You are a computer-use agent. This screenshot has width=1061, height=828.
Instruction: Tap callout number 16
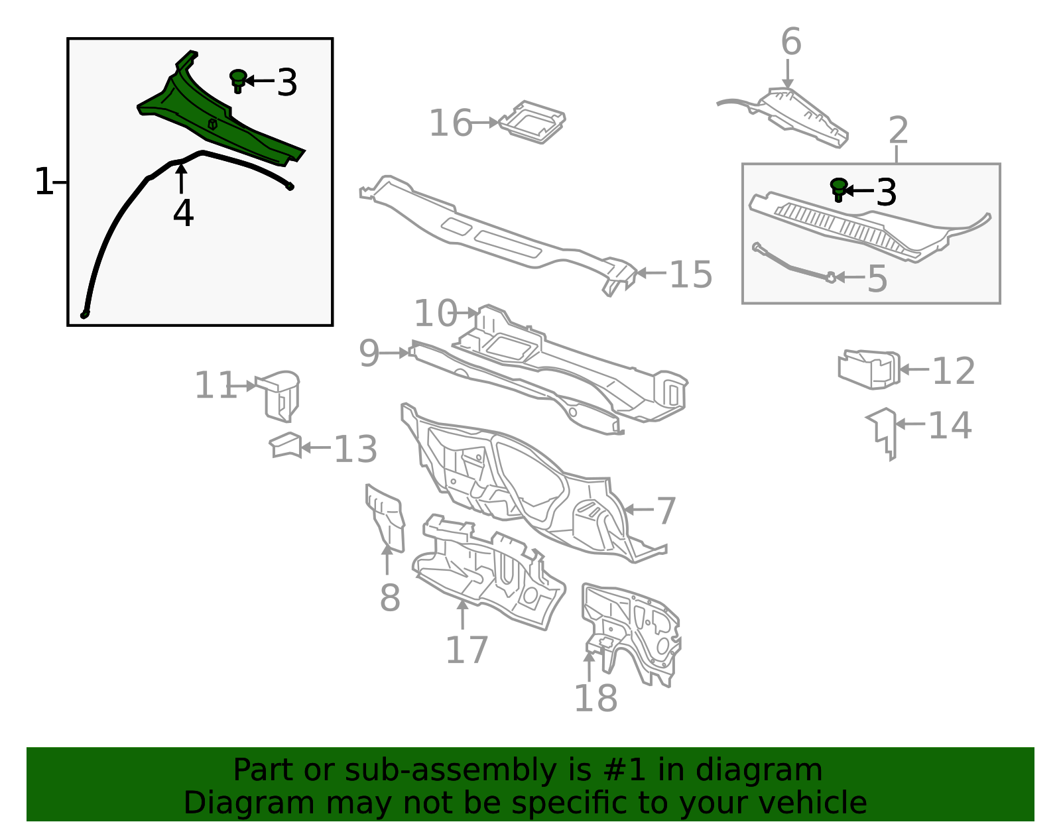tap(451, 123)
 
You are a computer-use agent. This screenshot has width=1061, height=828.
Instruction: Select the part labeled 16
tap(532, 122)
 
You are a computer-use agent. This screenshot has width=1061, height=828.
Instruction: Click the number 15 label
tap(691, 274)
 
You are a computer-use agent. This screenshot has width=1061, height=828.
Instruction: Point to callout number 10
tap(435, 314)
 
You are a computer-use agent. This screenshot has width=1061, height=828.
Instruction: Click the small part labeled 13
tap(286, 445)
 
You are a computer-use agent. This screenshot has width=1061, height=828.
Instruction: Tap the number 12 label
tap(954, 371)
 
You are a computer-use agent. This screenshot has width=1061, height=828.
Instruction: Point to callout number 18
tap(595, 698)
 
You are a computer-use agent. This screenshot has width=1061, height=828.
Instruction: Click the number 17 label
tap(467, 650)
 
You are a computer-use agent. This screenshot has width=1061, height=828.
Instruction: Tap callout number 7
tap(666, 511)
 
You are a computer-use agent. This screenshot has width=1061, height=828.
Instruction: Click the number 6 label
tap(791, 42)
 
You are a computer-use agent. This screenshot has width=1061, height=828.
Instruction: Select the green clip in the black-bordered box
tap(238, 81)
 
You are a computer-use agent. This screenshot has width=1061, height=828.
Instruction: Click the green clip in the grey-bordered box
tap(838, 190)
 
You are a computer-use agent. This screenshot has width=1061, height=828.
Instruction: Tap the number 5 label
tap(877, 279)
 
